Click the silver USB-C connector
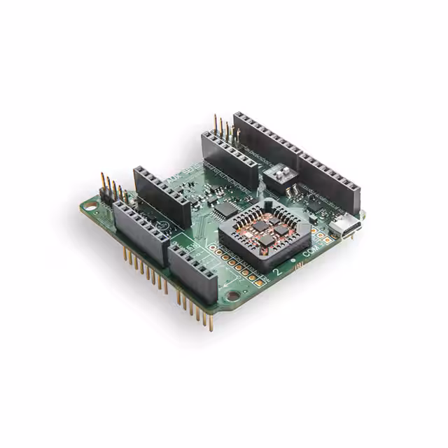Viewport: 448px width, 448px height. pyautogui.click(x=348, y=226)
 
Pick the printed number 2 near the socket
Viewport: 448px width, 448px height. pyautogui.click(x=280, y=272)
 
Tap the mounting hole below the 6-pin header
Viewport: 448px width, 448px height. pyautogui.click(x=232, y=296)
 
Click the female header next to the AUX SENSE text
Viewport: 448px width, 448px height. pyautogui.click(x=162, y=195)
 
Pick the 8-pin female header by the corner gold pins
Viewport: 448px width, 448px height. pyautogui.click(x=140, y=232)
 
